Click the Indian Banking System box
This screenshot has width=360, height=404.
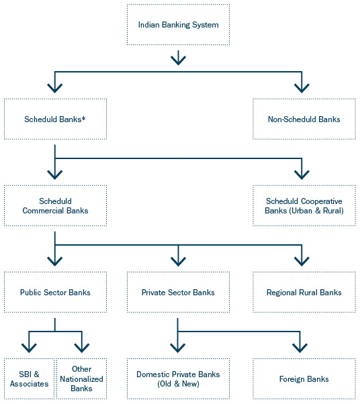178,25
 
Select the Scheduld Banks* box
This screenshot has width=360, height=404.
55,119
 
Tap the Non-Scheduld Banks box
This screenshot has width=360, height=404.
304,119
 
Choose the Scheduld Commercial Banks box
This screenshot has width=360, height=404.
55,206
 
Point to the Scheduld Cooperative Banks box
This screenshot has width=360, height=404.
304,206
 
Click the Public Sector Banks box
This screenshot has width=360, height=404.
55,293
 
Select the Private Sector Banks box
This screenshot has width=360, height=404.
178,293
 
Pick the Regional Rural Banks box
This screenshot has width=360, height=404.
304,293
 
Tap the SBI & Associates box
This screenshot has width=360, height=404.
29,379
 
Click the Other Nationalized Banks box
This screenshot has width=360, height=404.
81,379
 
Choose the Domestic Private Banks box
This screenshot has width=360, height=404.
178,379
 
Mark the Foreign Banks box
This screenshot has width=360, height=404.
304,379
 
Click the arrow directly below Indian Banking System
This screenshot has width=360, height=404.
178,58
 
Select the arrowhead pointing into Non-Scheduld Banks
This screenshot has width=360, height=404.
302,87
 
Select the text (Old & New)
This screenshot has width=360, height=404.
178,384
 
